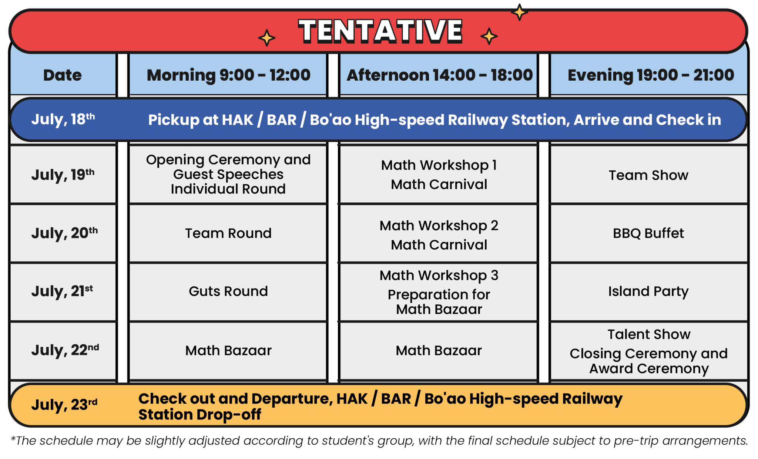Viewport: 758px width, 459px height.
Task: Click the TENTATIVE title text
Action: pyautogui.click(x=380, y=31)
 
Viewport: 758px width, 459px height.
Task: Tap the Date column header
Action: pyautogui.click(x=63, y=75)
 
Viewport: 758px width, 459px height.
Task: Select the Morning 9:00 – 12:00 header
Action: pyautogui.click(x=228, y=75)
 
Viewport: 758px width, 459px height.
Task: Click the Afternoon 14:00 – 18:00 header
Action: pyautogui.click(x=439, y=75)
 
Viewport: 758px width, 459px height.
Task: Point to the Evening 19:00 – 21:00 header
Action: pyautogui.click(x=651, y=75)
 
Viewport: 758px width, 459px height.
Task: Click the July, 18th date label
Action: pyautogui.click(x=63, y=119)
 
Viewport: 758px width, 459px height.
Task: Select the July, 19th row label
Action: pyautogui.click(x=63, y=175)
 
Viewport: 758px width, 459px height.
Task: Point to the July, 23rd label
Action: pyautogui.click(x=64, y=404)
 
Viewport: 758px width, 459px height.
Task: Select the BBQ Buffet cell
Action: pyautogui.click(x=648, y=233)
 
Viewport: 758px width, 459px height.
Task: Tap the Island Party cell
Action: pyautogui.click(x=648, y=291)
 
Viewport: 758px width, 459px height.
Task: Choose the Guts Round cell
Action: pyautogui.click(x=228, y=291)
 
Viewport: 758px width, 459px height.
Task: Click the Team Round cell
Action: pyautogui.click(x=228, y=233)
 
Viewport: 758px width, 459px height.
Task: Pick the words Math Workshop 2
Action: pyautogui.click(x=439, y=226)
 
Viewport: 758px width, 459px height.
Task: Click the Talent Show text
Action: pyautogui.click(x=649, y=334)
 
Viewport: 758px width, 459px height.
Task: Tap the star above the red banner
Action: pyautogui.click(x=519, y=12)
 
